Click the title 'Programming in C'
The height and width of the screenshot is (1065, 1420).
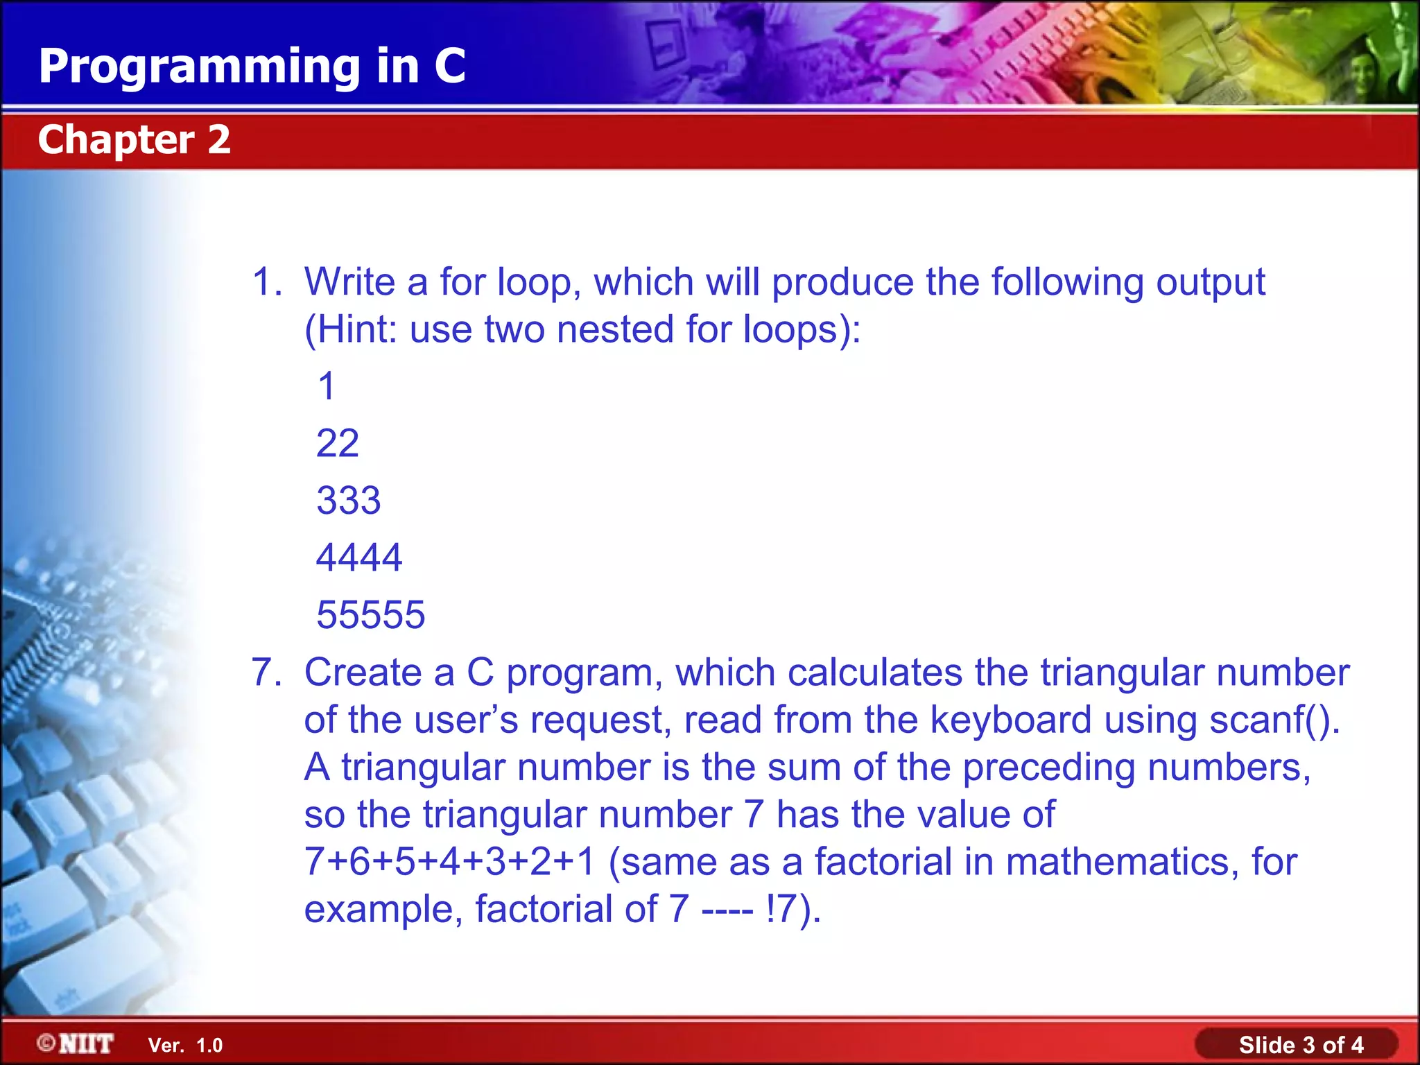click(x=252, y=67)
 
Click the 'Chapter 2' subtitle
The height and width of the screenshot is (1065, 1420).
click(x=134, y=139)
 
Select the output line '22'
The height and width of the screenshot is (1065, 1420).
click(x=338, y=443)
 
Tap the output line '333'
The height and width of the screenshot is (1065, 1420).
click(x=349, y=501)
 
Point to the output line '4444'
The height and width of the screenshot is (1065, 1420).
click(x=359, y=557)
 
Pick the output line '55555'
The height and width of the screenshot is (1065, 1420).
click(x=371, y=615)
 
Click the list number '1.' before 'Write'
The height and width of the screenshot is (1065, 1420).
click(x=267, y=282)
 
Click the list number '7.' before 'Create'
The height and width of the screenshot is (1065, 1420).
click(x=267, y=673)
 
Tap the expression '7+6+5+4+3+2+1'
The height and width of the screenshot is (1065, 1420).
click(x=450, y=862)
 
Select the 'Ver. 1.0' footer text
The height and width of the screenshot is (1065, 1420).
click(x=185, y=1046)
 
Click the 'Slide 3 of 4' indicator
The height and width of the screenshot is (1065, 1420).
click(x=1301, y=1045)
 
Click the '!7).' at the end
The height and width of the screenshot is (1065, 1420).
click(x=793, y=909)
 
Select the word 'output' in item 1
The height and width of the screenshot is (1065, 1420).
click(x=1211, y=282)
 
